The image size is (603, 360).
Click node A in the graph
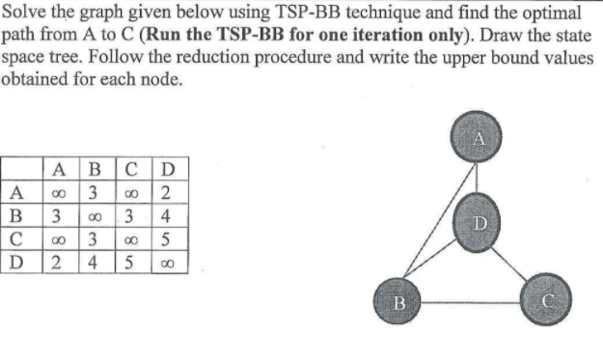(x=478, y=140)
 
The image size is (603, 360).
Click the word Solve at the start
(x=23, y=13)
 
